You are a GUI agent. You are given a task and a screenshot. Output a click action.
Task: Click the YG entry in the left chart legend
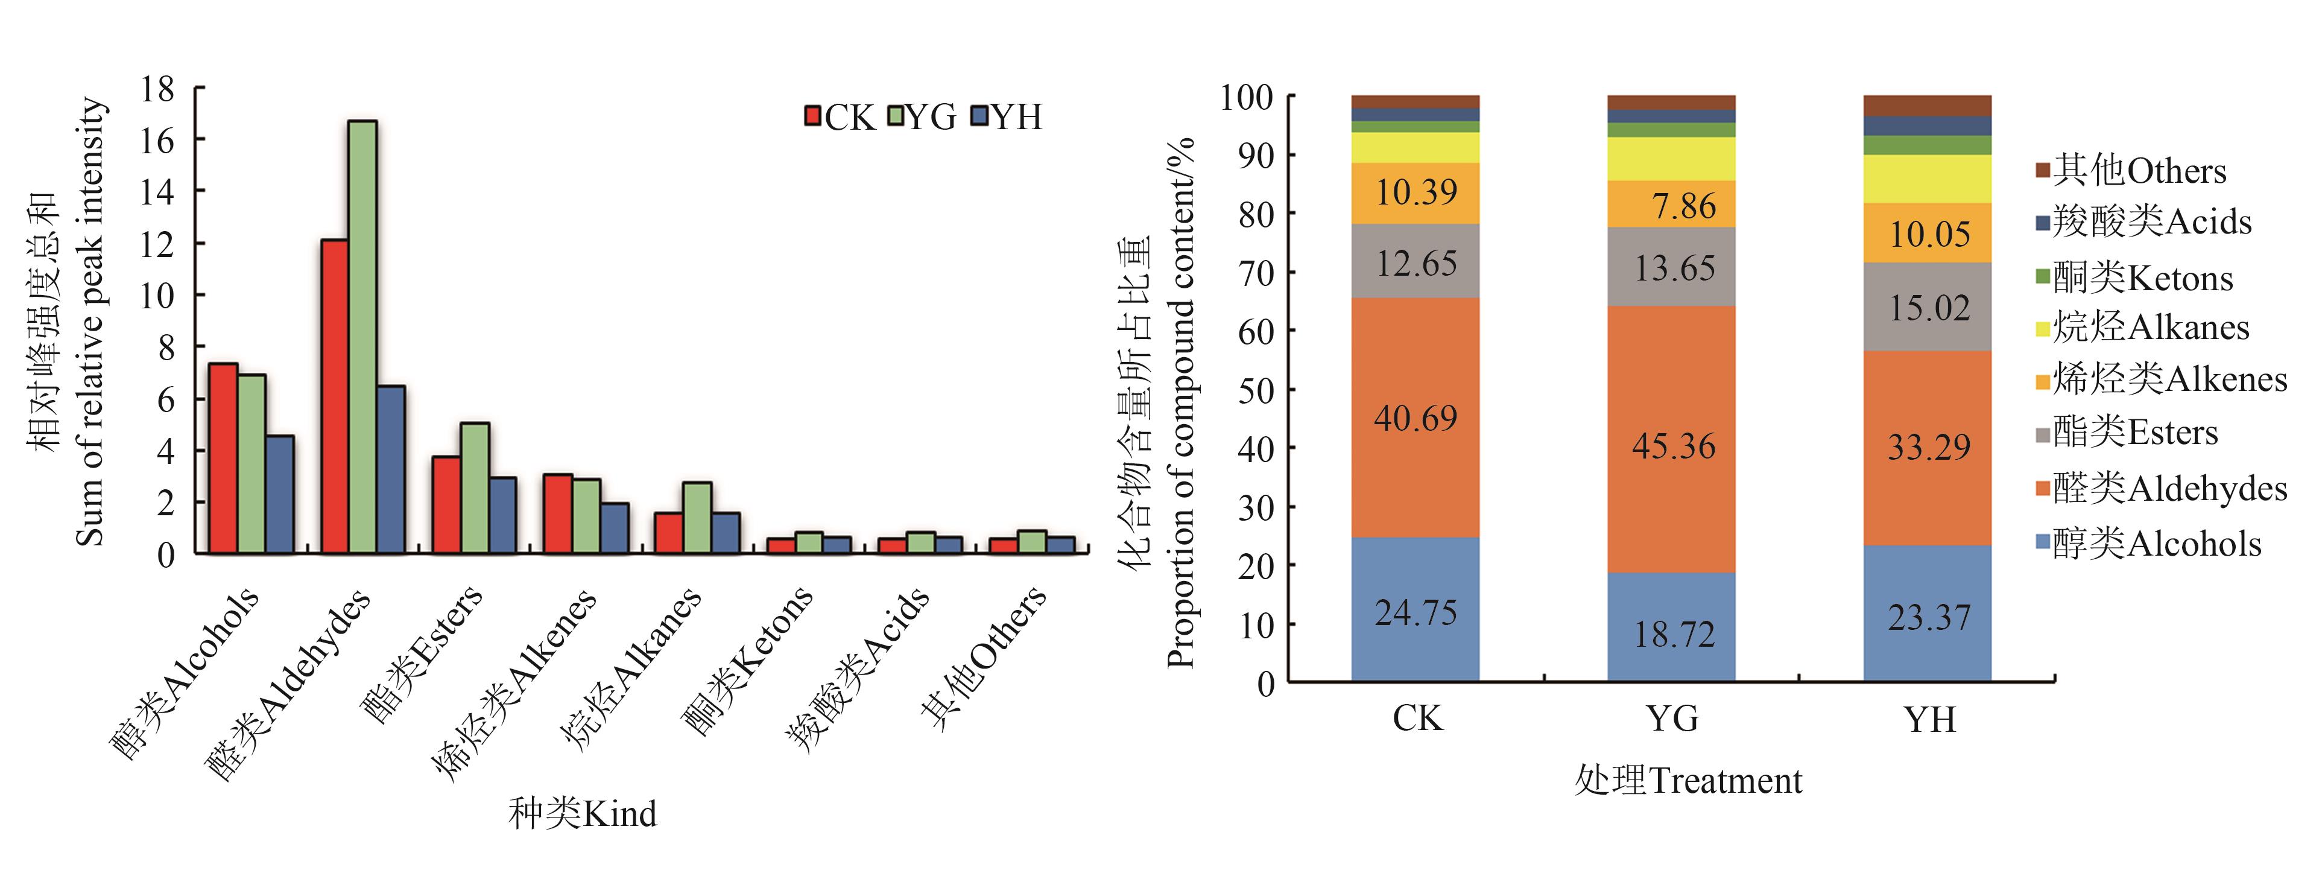[921, 117]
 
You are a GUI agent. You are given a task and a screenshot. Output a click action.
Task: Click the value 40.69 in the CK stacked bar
[1415, 418]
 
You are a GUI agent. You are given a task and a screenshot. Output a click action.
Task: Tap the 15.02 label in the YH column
[1929, 308]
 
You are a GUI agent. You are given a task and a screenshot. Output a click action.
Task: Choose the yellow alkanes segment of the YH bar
[1927, 179]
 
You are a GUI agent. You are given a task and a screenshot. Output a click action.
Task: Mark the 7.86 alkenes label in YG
[1683, 206]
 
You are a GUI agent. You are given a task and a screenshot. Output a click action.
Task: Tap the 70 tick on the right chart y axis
[1256, 272]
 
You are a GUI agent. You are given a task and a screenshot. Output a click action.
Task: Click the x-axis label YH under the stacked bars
[1930, 719]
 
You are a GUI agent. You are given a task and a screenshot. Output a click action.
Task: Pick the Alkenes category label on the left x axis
[514, 685]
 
